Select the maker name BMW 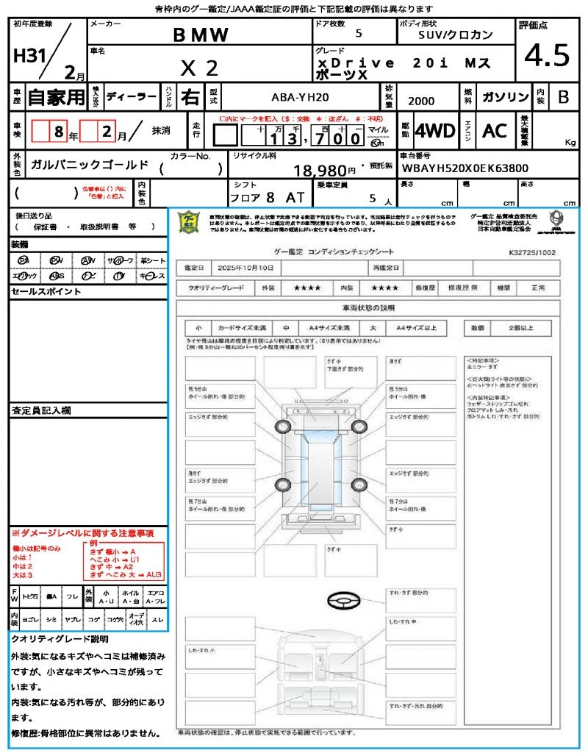[x=201, y=35]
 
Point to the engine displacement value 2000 [x=421, y=101]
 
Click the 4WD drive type [x=434, y=131]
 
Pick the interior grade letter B [x=562, y=97]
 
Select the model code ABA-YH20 [x=300, y=96]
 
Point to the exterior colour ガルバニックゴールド [x=90, y=165]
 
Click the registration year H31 [x=30, y=57]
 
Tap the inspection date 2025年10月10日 [x=249, y=268]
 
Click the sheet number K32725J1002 [x=532, y=251]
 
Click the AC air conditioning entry [x=495, y=131]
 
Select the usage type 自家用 [x=57, y=97]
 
